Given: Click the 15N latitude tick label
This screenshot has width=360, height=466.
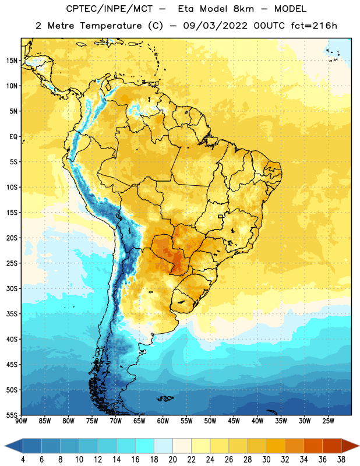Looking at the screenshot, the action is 12,61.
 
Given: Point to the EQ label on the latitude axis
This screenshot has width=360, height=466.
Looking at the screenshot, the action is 13,137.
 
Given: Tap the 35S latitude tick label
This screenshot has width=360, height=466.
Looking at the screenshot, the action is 12,314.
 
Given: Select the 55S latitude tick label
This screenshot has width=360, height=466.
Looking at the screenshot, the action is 12,415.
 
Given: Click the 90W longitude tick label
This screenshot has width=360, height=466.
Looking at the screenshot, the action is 22,421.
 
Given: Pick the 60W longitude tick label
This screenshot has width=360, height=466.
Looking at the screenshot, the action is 163,421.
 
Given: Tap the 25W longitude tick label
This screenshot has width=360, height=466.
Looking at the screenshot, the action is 328,421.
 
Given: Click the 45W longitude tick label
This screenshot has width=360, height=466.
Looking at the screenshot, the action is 234,421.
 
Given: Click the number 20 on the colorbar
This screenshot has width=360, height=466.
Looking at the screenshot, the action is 172,460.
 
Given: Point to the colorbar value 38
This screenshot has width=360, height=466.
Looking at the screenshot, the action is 341,460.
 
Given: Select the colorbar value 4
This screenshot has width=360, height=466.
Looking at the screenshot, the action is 23,460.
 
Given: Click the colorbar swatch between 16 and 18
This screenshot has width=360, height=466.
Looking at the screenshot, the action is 144,446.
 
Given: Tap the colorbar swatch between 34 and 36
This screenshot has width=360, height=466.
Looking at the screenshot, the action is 313,446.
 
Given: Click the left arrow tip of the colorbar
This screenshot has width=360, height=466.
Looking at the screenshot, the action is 5,446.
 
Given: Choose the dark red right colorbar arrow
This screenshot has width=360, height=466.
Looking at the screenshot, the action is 350,446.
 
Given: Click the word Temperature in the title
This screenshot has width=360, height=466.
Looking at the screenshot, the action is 111,26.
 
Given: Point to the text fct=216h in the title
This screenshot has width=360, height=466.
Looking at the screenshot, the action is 314,26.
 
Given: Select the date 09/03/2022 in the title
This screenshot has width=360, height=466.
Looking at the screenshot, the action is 215,26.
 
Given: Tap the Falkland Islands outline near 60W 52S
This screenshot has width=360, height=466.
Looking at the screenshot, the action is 165,398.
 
